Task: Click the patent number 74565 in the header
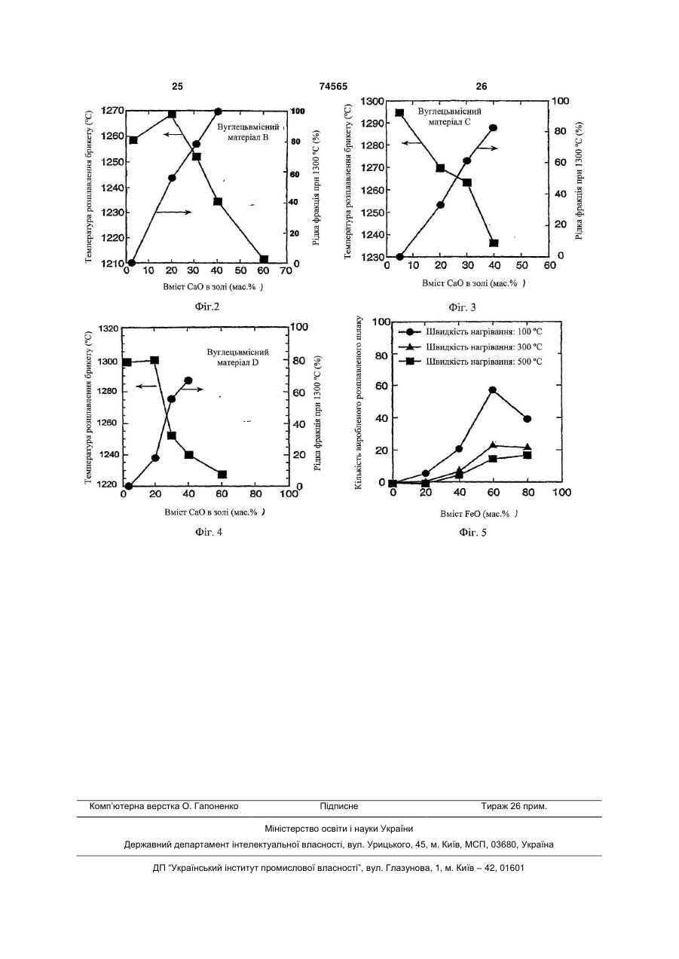tap(333, 87)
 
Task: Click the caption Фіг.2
tap(207, 307)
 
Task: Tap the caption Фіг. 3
tap(462, 307)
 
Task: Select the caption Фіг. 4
tap(208, 532)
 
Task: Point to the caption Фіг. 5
tap(473, 533)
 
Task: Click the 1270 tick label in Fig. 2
tap(113, 111)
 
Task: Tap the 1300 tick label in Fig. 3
tap(372, 102)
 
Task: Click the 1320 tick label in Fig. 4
tap(108, 328)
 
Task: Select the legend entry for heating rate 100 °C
tap(470, 331)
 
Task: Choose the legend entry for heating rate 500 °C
tap(470, 362)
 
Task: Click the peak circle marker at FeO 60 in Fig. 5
tap(493, 389)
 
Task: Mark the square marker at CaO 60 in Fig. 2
tap(264, 259)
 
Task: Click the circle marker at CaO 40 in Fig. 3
tap(493, 127)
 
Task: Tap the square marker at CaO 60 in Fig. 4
tap(222, 475)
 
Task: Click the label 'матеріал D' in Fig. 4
tap(237, 362)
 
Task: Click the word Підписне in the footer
tap(339, 806)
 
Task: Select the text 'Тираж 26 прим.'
tap(514, 806)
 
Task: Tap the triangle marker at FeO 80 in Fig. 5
tap(528, 447)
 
